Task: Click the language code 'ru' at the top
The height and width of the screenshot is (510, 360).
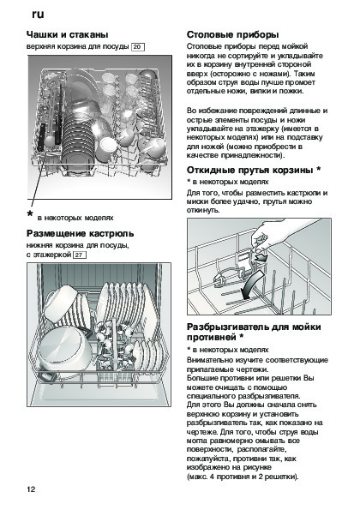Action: click(x=38, y=15)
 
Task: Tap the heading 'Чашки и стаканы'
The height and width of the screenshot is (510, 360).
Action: click(x=68, y=34)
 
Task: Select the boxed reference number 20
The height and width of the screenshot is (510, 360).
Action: click(x=137, y=47)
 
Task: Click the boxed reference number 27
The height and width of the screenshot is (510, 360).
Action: click(x=80, y=255)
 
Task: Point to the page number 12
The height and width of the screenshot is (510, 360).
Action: click(x=31, y=489)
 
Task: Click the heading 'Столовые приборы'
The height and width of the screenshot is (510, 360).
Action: click(x=232, y=34)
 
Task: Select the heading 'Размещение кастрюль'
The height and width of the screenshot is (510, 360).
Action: click(x=80, y=233)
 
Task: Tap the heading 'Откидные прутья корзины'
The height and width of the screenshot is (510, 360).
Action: click(x=250, y=170)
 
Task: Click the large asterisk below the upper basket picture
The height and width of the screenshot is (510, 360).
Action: click(x=30, y=214)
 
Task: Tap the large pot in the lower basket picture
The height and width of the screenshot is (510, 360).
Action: click(x=64, y=350)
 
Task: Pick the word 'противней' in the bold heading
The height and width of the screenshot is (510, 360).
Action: click(x=212, y=338)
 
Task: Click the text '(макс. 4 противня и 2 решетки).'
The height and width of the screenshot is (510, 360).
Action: click(x=243, y=477)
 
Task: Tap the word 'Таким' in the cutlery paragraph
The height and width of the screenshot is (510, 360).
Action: click(x=304, y=74)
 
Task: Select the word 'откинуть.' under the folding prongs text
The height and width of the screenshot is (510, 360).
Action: click(x=203, y=210)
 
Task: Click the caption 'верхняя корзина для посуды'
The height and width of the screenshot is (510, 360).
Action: click(x=77, y=46)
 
